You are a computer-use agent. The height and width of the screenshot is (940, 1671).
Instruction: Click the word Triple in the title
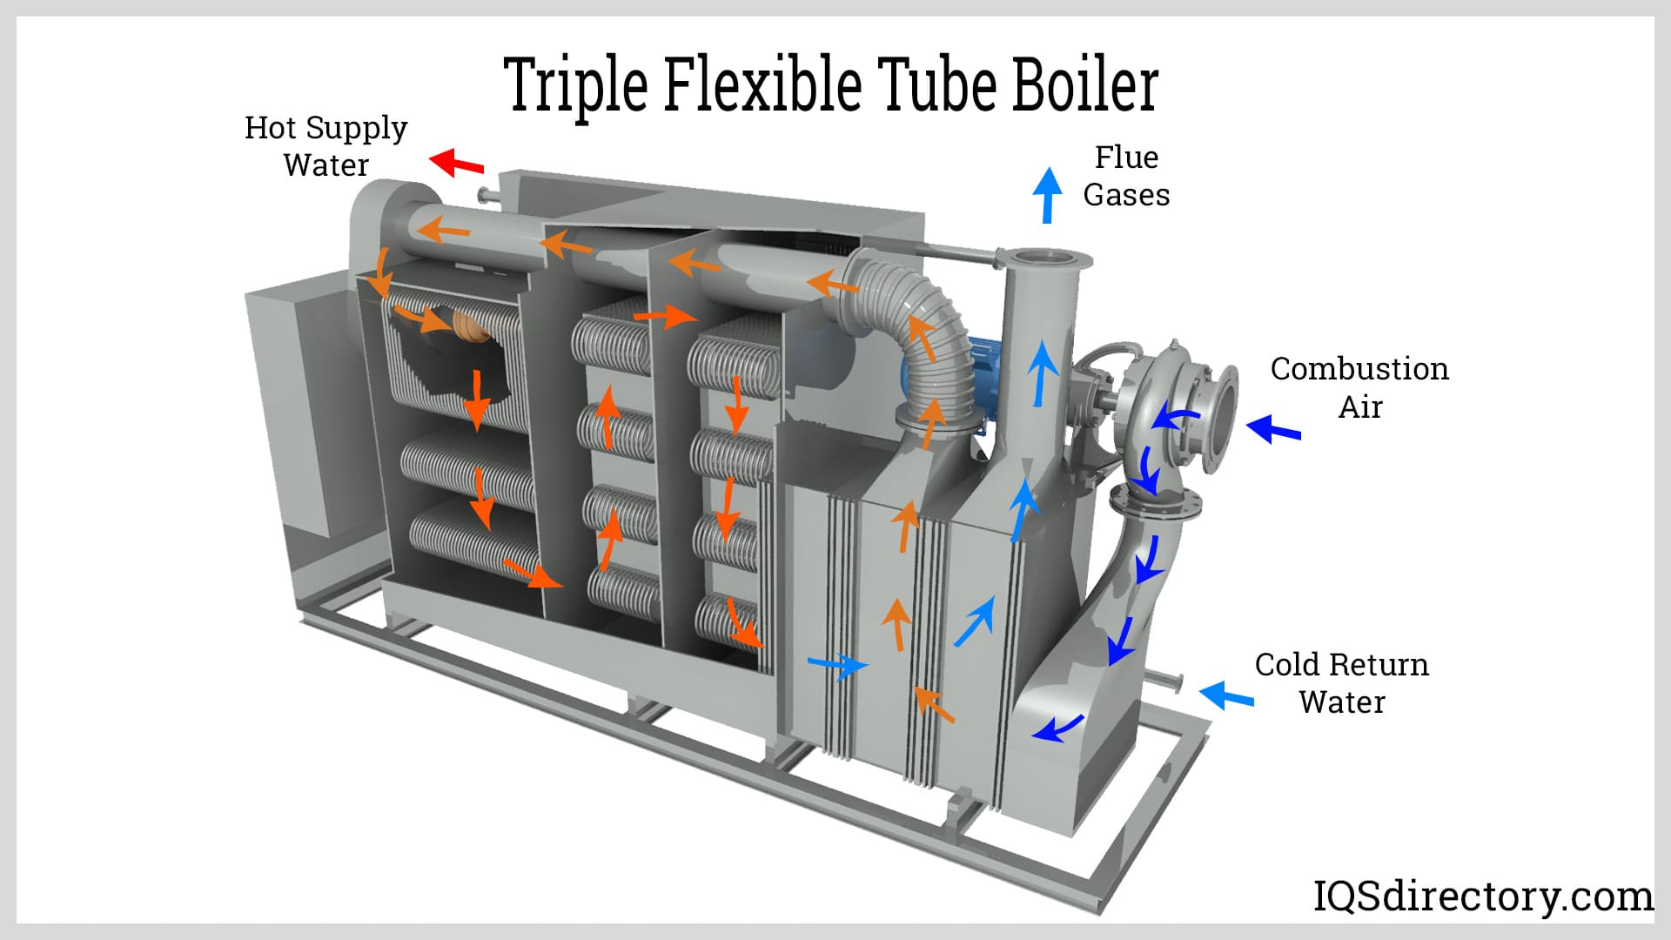[x=576, y=85]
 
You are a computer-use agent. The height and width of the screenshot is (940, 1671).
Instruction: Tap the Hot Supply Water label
[x=325, y=146]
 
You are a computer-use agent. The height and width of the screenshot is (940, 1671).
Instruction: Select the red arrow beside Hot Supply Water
[x=456, y=162]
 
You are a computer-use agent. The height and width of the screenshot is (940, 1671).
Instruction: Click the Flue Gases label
[x=1126, y=176]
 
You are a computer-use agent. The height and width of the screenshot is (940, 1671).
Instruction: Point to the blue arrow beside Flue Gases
[x=1049, y=194]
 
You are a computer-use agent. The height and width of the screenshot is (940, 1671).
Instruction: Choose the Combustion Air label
[x=1359, y=387]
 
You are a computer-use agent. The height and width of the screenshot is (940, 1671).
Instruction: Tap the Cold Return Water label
[x=1341, y=683]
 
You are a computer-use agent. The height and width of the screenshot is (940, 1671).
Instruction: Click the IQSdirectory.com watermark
[x=1482, y=896]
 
